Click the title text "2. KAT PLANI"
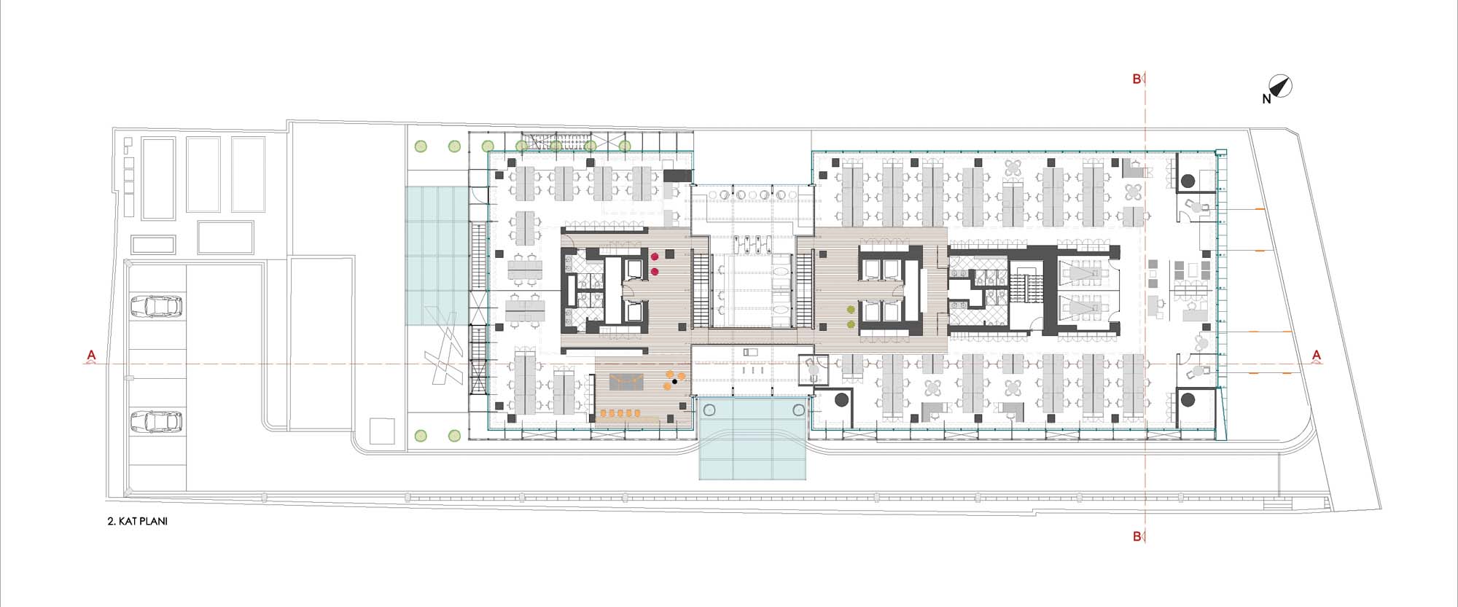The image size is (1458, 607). [137, 522]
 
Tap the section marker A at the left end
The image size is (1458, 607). [91, 356]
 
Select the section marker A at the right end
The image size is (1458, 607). [1317, 356]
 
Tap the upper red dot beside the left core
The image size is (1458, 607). [655, 256]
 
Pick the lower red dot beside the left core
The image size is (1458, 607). [655, 272]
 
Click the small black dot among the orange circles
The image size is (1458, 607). [675, 381]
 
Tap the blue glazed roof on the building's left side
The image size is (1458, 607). [436, 256]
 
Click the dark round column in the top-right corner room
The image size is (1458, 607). [1188, 181]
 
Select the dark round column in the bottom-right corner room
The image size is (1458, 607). [1188, 399]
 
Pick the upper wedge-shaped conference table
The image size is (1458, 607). [1082, 273]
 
